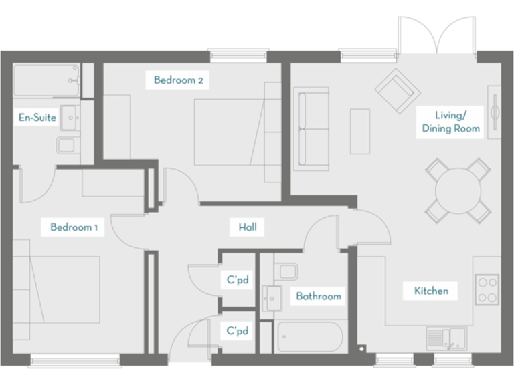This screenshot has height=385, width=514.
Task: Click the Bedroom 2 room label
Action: click(x=178, y=81)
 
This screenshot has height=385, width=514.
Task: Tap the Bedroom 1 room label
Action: click(x=74, y=227)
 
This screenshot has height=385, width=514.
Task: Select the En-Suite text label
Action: click(x=37, y=118)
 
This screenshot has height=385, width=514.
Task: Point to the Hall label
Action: click(x=248, y=227)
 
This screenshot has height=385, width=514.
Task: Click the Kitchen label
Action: click(x=431, y=291)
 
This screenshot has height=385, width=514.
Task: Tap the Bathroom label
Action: click(x=319, y=296)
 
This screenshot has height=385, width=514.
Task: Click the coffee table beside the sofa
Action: click(x=360, y=131)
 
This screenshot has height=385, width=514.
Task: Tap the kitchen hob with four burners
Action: click(x=487, y=289)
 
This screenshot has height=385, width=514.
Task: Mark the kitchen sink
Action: click(x=445, y=338)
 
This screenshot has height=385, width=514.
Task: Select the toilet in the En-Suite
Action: click(x=66, y=145)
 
